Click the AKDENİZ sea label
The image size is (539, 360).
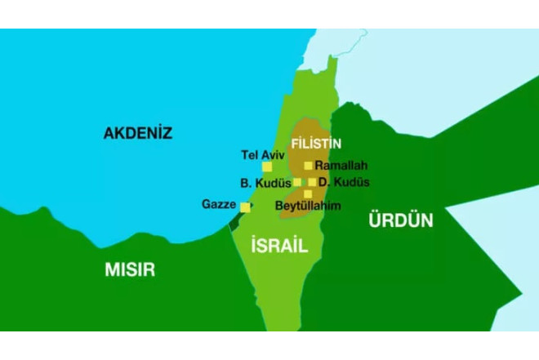click(137, 133)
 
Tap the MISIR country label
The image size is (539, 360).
click(129, 269)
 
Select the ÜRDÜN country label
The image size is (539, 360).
click(400, 220)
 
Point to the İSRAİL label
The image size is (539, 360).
click(279, 244)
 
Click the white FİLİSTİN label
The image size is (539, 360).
click(316, 144)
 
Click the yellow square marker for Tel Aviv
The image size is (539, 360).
click(267, 167)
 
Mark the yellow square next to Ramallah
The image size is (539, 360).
click(309, 166)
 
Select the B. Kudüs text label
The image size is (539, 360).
click(265, 182)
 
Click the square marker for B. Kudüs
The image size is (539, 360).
click(298, 182)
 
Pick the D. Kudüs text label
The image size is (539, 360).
click(344, 182)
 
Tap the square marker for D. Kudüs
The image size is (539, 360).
click(312, 182)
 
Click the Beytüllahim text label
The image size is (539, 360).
click(308, 205)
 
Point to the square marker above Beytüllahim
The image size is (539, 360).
click(308, 193)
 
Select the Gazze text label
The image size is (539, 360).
click(219, 204)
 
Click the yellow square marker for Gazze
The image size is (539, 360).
click(245, 207)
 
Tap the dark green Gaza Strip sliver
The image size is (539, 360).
click(236, 220)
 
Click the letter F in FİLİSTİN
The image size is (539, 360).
click(295, 144)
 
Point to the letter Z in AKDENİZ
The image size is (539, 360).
click(166, 133)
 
